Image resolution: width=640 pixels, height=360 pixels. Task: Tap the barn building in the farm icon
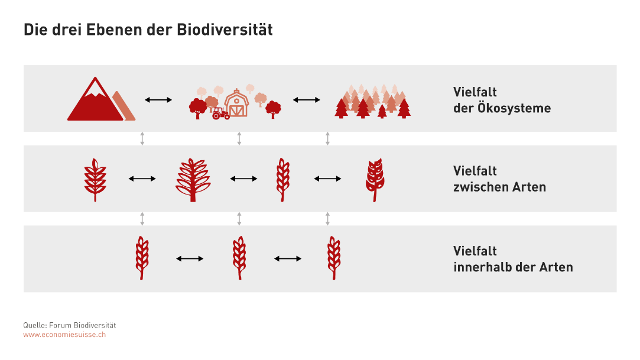pos(237,103)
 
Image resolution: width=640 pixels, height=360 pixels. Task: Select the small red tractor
pos(221,113)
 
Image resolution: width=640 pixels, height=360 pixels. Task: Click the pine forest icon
pos(373,102)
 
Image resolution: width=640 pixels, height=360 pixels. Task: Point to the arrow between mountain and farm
pos(158,99)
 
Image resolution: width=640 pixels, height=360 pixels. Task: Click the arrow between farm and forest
pos(307,99)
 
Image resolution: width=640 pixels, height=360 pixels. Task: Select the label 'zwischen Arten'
pos(499,187)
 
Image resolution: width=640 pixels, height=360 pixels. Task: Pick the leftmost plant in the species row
pos(95,180)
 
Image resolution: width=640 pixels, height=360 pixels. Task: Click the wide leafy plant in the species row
pos(193,180)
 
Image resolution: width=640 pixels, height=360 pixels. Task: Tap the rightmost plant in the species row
pos(375,180)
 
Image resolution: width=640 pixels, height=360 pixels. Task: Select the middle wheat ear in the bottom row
pos(239,258)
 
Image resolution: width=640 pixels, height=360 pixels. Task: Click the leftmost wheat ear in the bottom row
pos(142,258)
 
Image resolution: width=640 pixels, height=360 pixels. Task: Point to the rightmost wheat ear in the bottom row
pos(334,258)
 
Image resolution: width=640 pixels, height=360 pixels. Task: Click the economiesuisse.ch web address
pos(64,335)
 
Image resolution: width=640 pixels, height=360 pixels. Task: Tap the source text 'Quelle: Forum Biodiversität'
pos(69,325)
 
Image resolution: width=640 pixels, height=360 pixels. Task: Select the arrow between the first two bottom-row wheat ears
pos(190,258)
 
